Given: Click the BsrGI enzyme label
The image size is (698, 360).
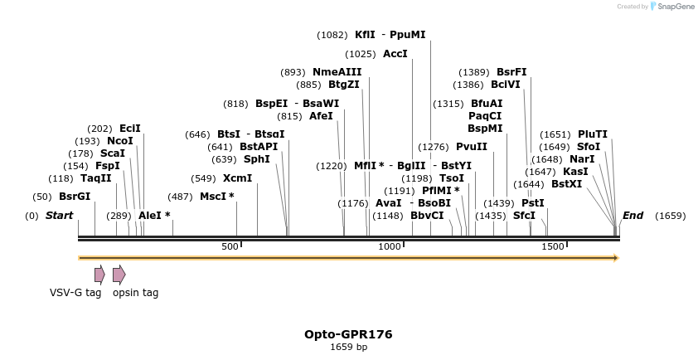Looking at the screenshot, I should click(x=74, y=197).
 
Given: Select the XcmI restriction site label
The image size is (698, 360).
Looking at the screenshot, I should click(x=237, y=178).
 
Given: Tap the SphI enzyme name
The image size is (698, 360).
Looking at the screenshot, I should click(x=256, y=159).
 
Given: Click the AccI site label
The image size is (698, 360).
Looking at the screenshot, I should click(x=395, y=54).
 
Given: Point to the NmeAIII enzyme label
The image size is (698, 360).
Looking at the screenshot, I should click(x=337, y=72).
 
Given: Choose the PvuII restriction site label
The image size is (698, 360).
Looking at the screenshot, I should click(x=472, y=147).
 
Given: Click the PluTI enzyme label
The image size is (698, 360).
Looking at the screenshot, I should click(x=593, y=134).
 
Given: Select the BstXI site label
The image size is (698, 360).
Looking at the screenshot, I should click(x=570, y=184).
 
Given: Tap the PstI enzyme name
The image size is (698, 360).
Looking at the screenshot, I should click(x=533, y=203).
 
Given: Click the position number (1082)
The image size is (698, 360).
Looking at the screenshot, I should click(x=332, y=35).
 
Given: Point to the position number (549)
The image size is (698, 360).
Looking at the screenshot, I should click(x=203, y=178).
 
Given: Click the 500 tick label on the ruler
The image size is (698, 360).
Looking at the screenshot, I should click(x=230, y=247).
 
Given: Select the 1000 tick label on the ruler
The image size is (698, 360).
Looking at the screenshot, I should click(x=390, y=247).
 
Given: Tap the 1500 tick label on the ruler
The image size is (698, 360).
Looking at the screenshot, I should click(x=552, y=247).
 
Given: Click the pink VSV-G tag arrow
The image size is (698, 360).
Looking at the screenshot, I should click(x=99, y=275).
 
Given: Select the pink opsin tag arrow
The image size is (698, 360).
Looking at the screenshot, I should click(x=119, y=275).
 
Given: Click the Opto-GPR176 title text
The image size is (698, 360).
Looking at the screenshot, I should click(x=348, y=334).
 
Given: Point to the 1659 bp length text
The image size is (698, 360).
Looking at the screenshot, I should click(x=348, y=348).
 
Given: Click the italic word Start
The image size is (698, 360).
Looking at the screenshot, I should click(x=59, y=216).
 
